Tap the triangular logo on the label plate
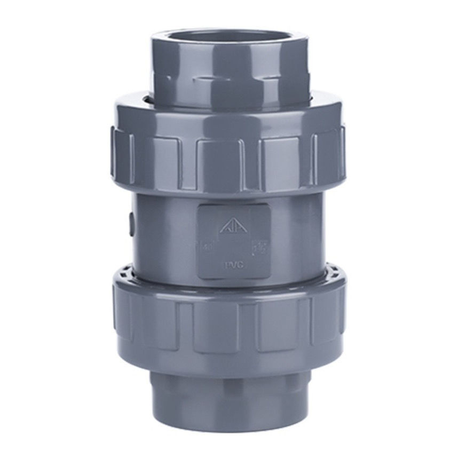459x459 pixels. coord(231,226)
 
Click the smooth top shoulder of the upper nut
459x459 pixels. coord(230,115)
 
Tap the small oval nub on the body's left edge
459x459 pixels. coord(131,224)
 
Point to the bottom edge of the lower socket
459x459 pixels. coord(230,427)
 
